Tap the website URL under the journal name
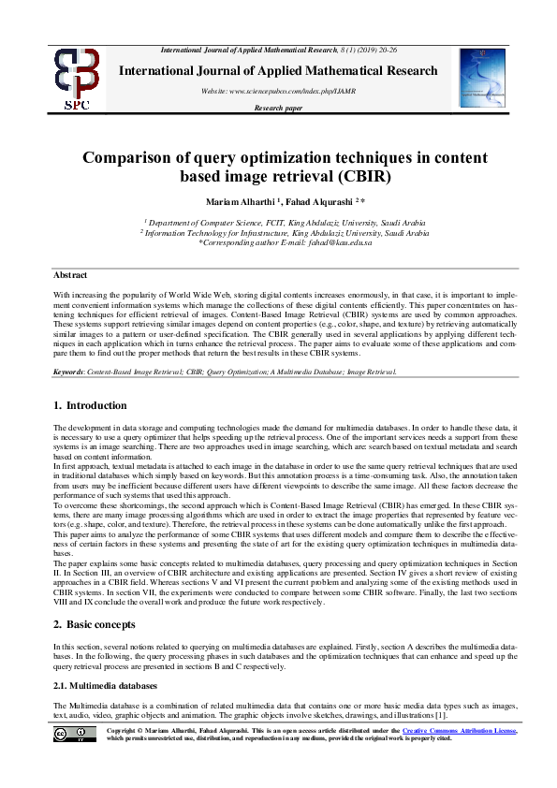coord(278,91)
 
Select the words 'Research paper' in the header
coord(278,109)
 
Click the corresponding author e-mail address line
coord(278,242)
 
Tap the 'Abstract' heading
coord(70,275)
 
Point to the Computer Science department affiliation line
coord(278,224)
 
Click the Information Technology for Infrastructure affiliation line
coord(278,233)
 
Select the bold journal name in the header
coord(278,71)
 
